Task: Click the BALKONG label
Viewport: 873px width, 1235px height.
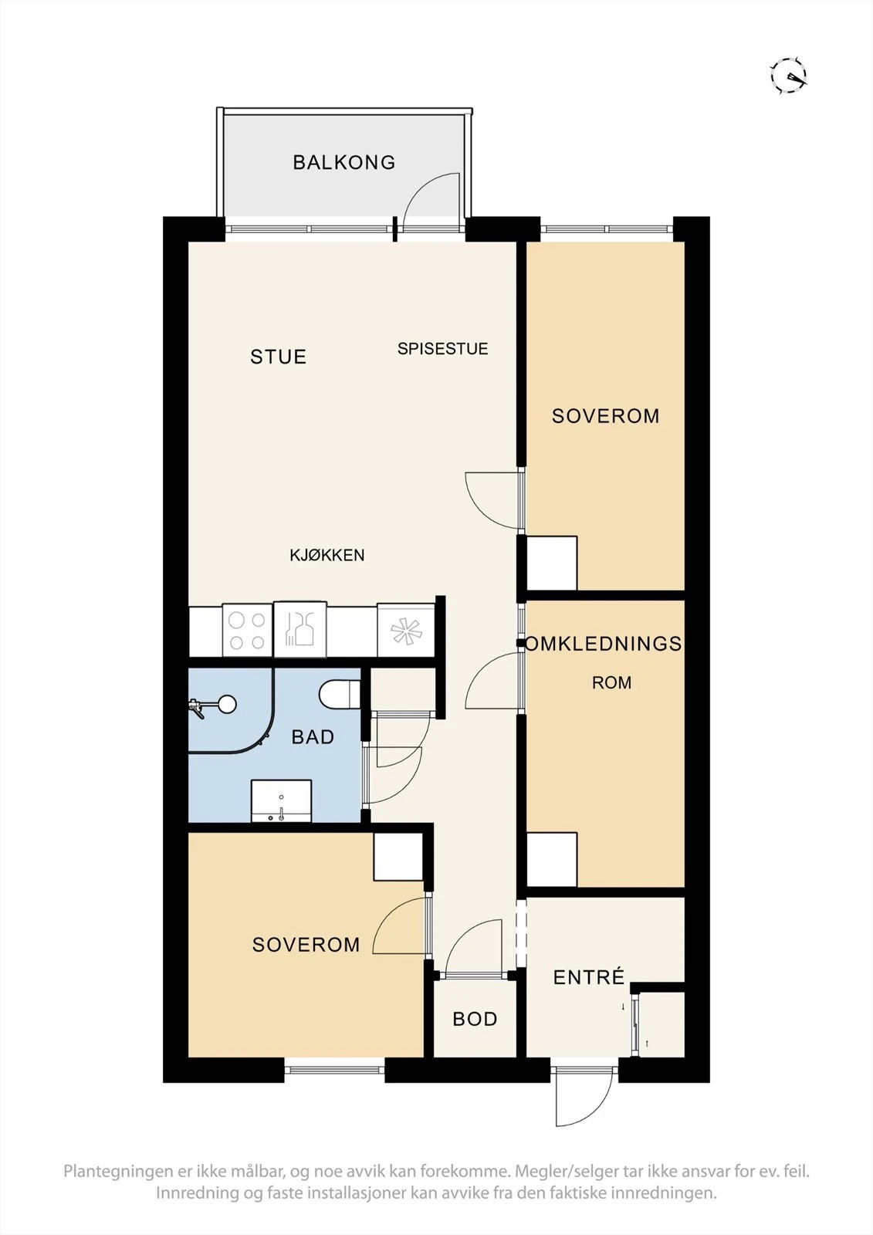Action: click(344, 162)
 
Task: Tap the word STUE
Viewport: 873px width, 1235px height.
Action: click(278, 357)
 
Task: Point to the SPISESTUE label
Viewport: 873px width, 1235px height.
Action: click(443, 348)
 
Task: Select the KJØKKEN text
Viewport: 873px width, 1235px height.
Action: click(327, 555)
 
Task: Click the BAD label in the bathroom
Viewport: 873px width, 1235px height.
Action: click(313, 737)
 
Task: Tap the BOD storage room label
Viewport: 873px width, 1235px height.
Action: click(475, 1019)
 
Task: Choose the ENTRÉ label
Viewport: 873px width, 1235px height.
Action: click(588, 977)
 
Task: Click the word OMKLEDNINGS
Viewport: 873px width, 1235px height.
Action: click(604, 644)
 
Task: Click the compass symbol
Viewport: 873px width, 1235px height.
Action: click(789, 76)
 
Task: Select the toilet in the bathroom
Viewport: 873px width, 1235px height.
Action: click(340, 695)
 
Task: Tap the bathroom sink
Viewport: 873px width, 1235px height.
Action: click(281, 801)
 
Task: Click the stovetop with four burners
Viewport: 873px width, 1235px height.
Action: click(247, 631)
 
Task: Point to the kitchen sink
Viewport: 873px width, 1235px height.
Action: click(300, 629)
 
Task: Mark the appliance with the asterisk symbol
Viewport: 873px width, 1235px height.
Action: click(406, 631)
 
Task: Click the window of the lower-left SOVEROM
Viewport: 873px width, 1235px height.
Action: click(335, 1070)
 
